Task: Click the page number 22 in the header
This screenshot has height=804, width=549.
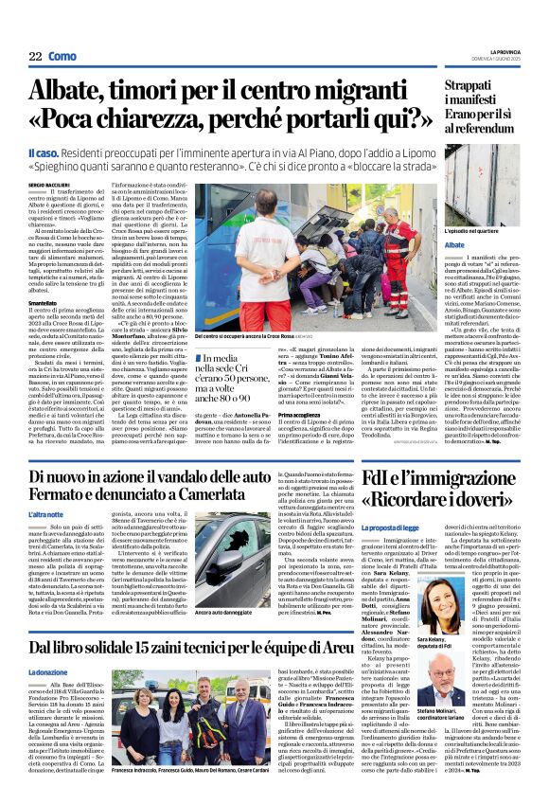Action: (34, 56)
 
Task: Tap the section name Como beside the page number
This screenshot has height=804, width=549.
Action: (62, 56)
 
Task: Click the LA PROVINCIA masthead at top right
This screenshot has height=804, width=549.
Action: (507, 50)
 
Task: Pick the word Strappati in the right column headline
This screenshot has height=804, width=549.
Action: (477, 85)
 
